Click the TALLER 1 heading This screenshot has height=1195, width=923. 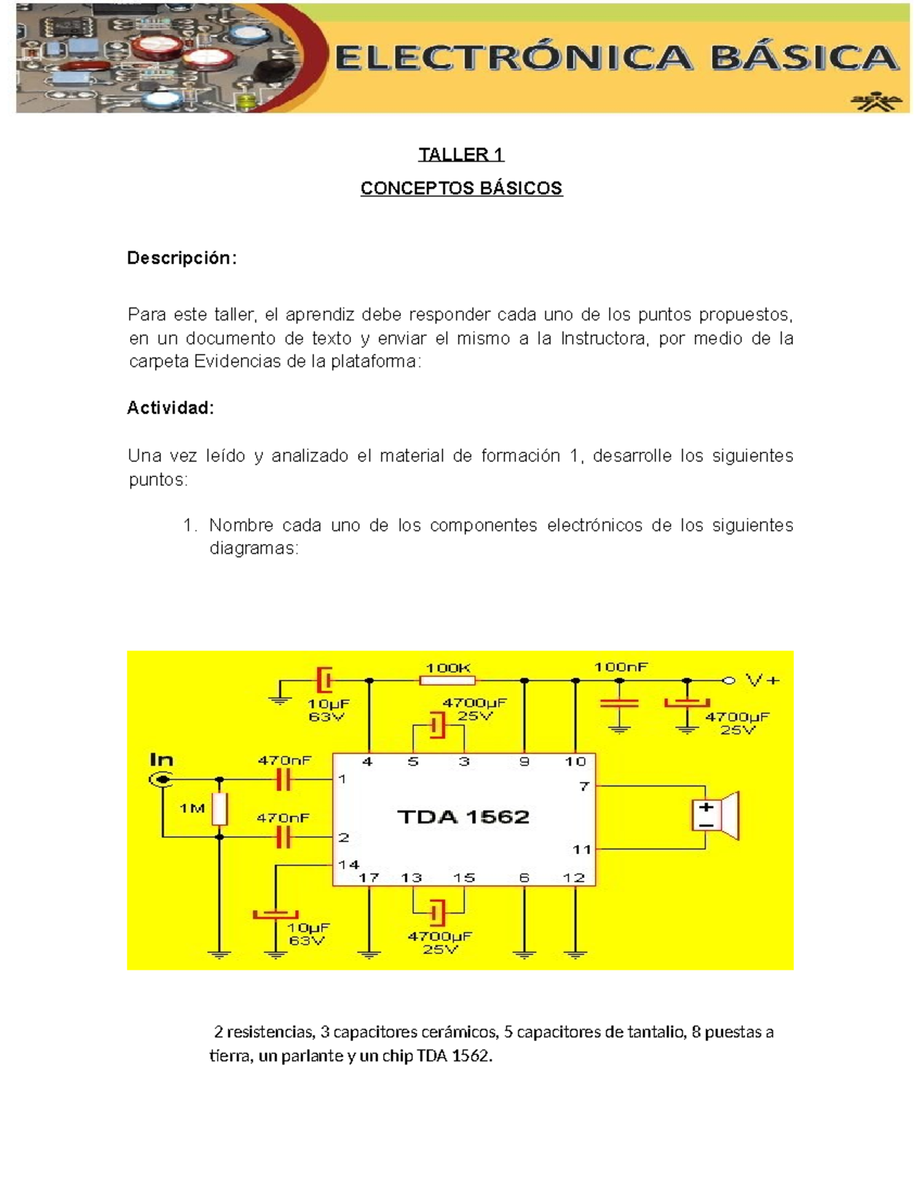(461, 155)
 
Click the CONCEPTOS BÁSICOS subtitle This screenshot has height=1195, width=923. (461, 189)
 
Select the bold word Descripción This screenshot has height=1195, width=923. (182, 259)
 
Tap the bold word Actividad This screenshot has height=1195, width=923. (170, 408)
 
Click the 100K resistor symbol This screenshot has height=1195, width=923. (447, 680)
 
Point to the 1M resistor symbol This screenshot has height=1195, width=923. (220, 809)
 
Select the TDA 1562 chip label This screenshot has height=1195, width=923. (463, 817)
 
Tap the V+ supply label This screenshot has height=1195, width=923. (762, 680)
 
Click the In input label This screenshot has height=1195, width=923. (162, 760)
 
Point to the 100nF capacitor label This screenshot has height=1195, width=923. (621, 667)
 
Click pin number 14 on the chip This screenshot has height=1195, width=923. (348, 864)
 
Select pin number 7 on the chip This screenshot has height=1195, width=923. (584, 786)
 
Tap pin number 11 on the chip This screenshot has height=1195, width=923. (581, 850)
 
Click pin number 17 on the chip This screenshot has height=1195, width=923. (368, 877)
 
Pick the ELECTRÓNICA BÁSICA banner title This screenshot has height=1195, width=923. (615, 58)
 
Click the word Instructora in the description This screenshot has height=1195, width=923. (602, 339)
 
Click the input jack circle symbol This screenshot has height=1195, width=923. (162, 780)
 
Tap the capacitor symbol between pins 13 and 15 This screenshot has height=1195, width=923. (438, 913)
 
